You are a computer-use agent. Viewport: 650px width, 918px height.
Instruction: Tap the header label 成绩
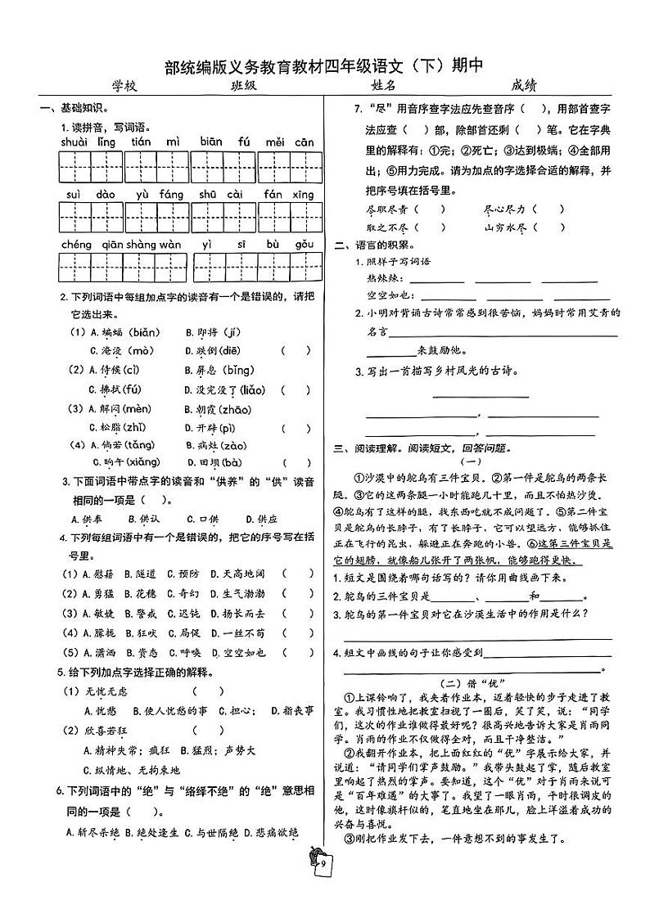click(x=523, y=85)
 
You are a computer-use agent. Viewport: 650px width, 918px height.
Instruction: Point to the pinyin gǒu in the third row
click(x=305, y=245)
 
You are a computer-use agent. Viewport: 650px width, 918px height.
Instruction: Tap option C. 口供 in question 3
click(x=202, y=519)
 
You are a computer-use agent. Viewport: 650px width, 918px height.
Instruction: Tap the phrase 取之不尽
click(x=387, y=228)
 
